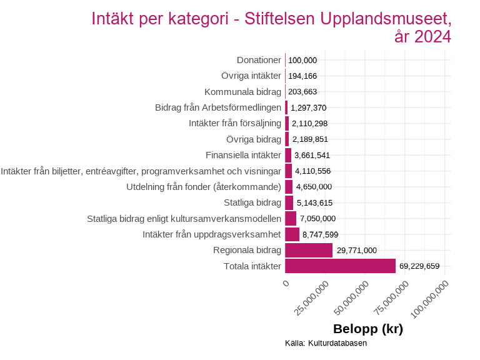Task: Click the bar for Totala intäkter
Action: (340, 266)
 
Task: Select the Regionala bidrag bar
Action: (309, 251)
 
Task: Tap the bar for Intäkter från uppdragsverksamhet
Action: (292, 234)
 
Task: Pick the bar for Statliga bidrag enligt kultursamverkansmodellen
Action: (291, 219)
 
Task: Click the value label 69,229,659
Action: (419, 266)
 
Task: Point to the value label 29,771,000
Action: (356, 251)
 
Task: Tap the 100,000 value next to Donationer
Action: (302, 60)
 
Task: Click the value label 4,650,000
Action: (314, 187)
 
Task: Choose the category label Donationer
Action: (259, 60)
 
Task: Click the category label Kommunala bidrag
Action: (242, 92)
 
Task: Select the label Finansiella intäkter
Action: (243, 155)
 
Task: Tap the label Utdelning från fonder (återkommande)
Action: (203, 187)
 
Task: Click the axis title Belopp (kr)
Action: (367, 329)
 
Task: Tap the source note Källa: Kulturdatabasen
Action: (326, 343)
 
